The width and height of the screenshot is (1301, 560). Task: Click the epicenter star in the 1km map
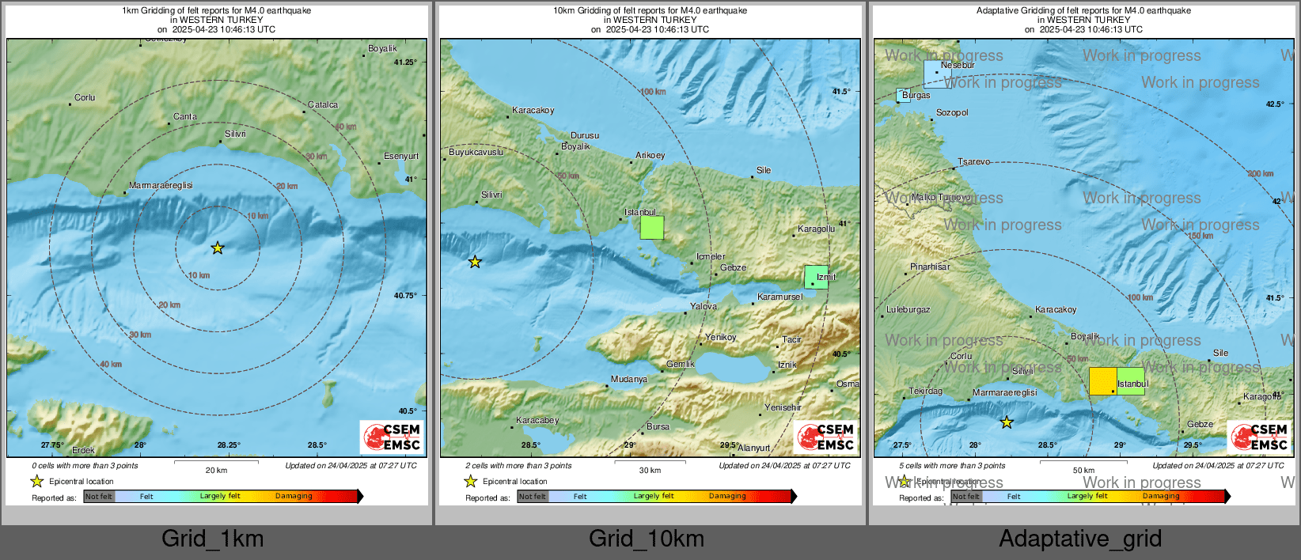tap(218, 248)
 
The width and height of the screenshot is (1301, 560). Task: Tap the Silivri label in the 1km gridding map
tap(235, 134)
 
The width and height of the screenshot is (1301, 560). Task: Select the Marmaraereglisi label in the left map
tap(161, 185)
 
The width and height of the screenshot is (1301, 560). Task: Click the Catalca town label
tap(323, 104)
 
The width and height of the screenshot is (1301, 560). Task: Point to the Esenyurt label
tap(401, 156)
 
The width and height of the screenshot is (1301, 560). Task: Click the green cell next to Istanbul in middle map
tap(651, 228)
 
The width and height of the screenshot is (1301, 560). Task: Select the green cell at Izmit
tap(816, 278)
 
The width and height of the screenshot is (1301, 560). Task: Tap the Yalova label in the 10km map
tap(704, 306)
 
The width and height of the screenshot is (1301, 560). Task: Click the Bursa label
tap(658, 426)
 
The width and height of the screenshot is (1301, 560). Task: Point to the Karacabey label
tap(537, 420)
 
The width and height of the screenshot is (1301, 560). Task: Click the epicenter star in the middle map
tap(475, 262)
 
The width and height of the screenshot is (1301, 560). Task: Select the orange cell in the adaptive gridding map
tap(1102, 381)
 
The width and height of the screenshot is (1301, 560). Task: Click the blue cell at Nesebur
tap(937, 74)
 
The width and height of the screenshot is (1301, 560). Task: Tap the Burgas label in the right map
tap(916, 95)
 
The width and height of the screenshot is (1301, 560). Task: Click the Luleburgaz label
tap(908, 309)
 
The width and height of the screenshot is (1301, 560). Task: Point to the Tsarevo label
tap(973, 161)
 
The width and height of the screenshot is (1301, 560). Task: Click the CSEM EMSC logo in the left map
tap(392, 437)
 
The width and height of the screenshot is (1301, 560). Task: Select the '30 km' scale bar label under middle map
tap(650, 470)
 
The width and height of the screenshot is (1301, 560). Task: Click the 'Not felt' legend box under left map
tap(99, 497)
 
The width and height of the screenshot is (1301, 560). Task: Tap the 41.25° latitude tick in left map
tap(405, 62)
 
